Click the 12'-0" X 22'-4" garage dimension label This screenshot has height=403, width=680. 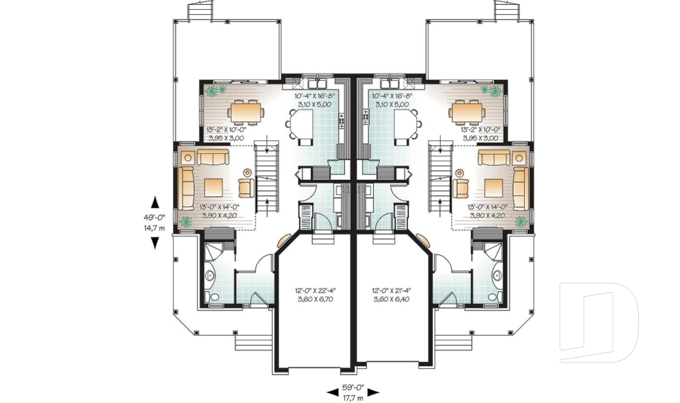coord(314,294)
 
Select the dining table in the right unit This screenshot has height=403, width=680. coord(466,111)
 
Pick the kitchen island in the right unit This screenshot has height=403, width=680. coord(405,127)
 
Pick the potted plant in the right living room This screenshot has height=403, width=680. coord(521,222)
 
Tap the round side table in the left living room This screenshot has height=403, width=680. coord(247,172)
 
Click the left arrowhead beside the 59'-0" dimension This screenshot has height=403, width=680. coord(331,391)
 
